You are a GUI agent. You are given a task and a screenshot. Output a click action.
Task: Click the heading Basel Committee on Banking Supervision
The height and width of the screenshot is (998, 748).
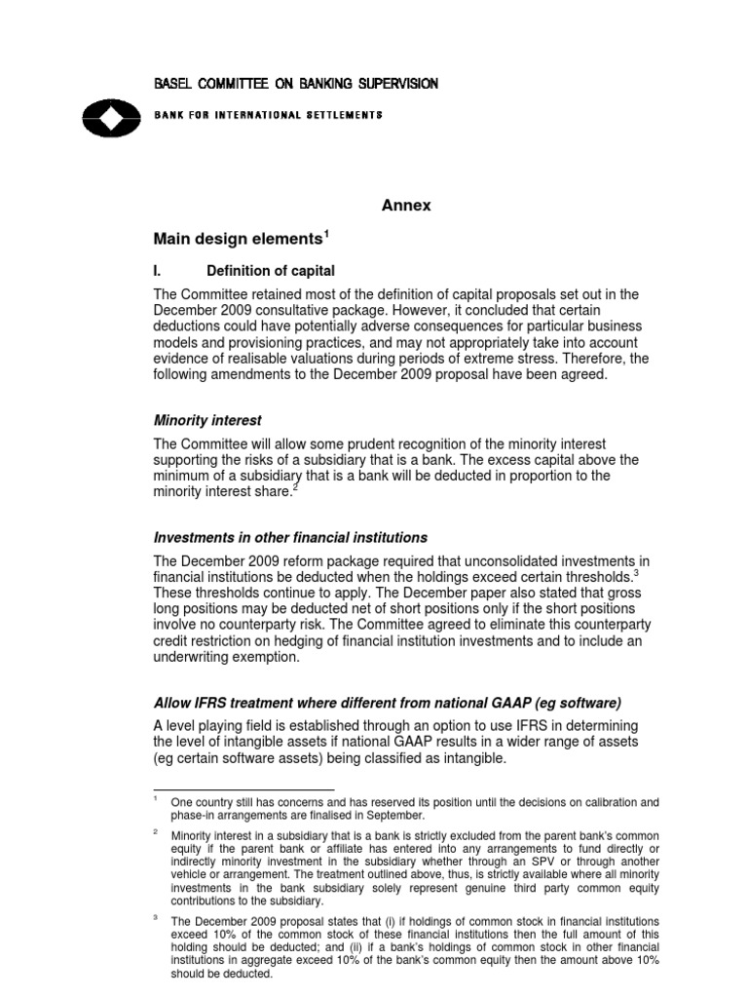tap(295, 84)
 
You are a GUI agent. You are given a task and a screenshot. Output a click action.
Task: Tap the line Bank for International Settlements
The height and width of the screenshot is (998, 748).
tap(268, 115)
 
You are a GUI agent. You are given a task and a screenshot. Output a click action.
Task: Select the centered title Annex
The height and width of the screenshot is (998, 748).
tap(405, 206)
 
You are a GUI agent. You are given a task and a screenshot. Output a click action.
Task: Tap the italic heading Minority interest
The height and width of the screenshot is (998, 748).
tap(207, 420)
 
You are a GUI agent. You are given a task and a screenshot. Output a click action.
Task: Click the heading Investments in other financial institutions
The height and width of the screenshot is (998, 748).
tap(290, 538)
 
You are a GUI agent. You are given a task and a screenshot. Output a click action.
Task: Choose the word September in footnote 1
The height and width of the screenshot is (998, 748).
tap(392, 816)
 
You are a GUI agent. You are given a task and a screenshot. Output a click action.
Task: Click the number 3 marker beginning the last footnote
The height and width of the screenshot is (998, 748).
tap(156, 920)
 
